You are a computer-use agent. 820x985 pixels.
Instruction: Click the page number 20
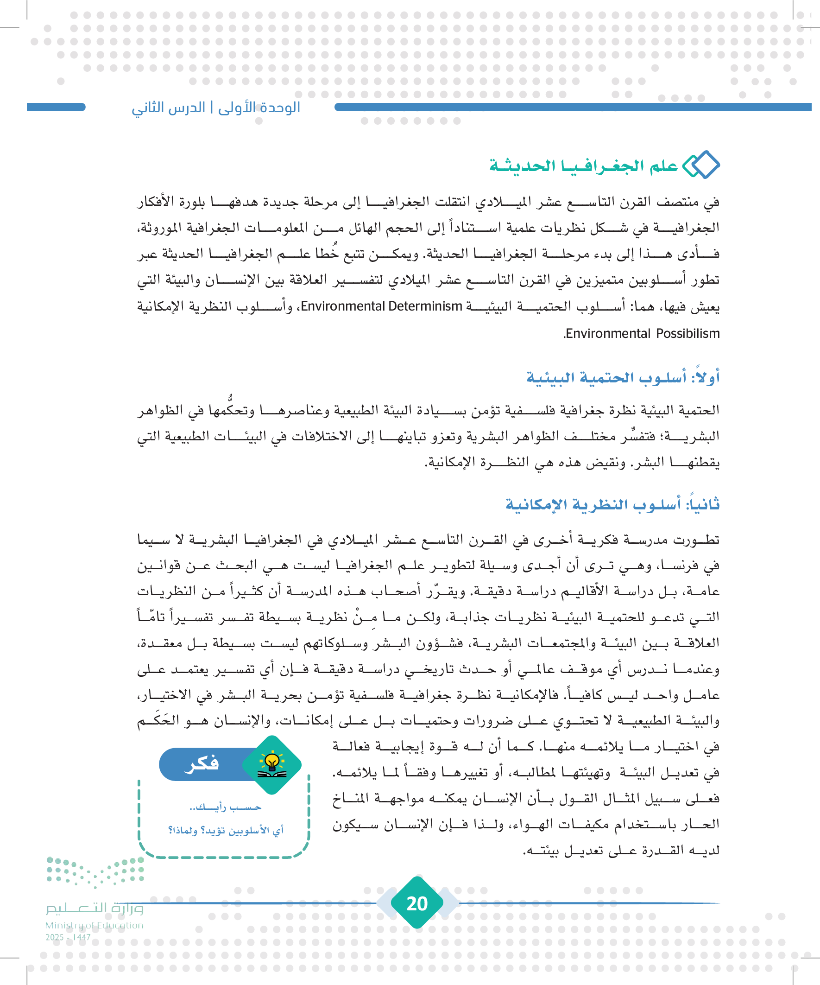pyautogui.click(x=417, y=903)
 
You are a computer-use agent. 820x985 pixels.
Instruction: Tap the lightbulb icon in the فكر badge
pyautogui.click(x=272, y=763)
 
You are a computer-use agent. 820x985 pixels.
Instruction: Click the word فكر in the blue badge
pyautogui.click(x=202, y=763)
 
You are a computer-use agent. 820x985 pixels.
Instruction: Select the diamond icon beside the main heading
pyautogui.click(x=701, y=165)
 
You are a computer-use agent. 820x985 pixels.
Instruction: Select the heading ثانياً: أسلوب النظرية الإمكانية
pyautogui.click(x=612, y=504)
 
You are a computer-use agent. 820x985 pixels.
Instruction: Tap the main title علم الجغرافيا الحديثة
pyautogui.click(x=583, y=165)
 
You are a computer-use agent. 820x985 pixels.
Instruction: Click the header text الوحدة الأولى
pyautogui.click(x=259, y=108)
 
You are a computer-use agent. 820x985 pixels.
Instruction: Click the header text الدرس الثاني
pyautogui.click(x=168, y=108)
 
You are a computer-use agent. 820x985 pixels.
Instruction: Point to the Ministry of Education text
pyautogui.click(x=94, y=925)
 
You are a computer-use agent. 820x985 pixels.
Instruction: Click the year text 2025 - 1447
pyautogui.click(x=68, y=937)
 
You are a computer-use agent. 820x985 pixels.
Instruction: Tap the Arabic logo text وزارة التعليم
pyautogui.click(x=94, y=909)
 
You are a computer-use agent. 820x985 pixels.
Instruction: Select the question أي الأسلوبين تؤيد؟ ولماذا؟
pyautogui.click(x=226, y=830)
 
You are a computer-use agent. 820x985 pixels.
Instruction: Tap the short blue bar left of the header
pyautogui.click(x=56, y=108)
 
